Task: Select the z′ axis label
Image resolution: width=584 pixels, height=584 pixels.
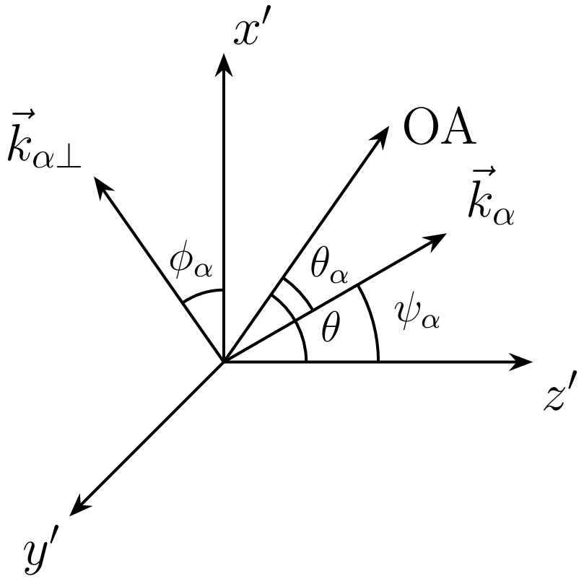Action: tap(559, 391)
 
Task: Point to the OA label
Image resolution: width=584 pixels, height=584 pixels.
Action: tap(440, 126)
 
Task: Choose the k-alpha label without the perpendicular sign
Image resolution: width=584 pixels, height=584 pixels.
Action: tap(492, 196)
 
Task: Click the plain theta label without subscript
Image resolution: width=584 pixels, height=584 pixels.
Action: tap(331, 328)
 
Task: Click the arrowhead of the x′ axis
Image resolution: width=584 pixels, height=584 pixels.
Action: tap(224, 65)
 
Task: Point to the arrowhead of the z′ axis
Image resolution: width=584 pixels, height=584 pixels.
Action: tap(520, 361)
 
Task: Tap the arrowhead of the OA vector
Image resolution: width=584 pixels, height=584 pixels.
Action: tap(380, 136)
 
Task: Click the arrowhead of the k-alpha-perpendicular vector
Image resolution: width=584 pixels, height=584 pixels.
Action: tap(102, 187)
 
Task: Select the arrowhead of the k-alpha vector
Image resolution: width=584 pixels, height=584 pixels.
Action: tap(437, 240)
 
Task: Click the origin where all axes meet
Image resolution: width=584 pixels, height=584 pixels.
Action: tap(224, 361)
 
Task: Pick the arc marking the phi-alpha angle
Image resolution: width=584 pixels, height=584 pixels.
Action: tap(201, 294)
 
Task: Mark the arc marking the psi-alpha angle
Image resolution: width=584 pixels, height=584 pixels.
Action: tap(373, 321)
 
